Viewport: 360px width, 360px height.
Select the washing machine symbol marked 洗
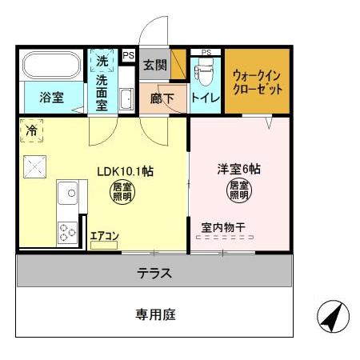click(x=102, y=61)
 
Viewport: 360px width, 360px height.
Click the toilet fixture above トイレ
click(x=205, y=74)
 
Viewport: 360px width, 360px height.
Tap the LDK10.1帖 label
click(x=126, y=170)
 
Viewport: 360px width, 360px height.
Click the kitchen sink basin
click(x=67, y=194)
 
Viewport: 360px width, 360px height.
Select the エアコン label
click(x=103, y=235)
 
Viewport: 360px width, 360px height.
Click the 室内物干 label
click(x=223, y=228)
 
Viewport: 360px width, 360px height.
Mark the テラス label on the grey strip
click(x=155, y=272)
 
